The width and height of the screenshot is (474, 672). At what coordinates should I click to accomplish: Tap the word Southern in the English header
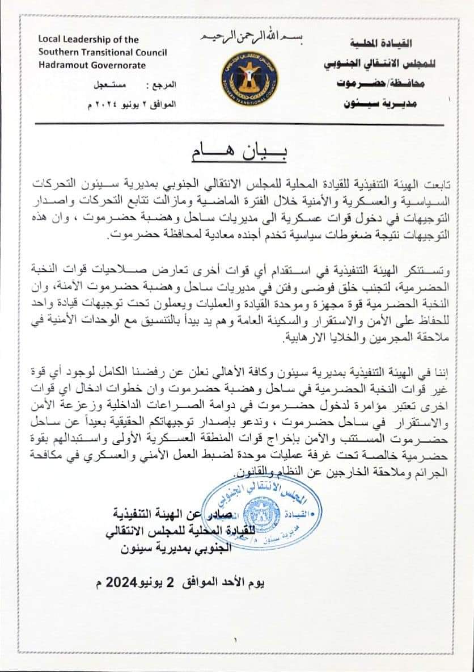click(57, 52)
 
